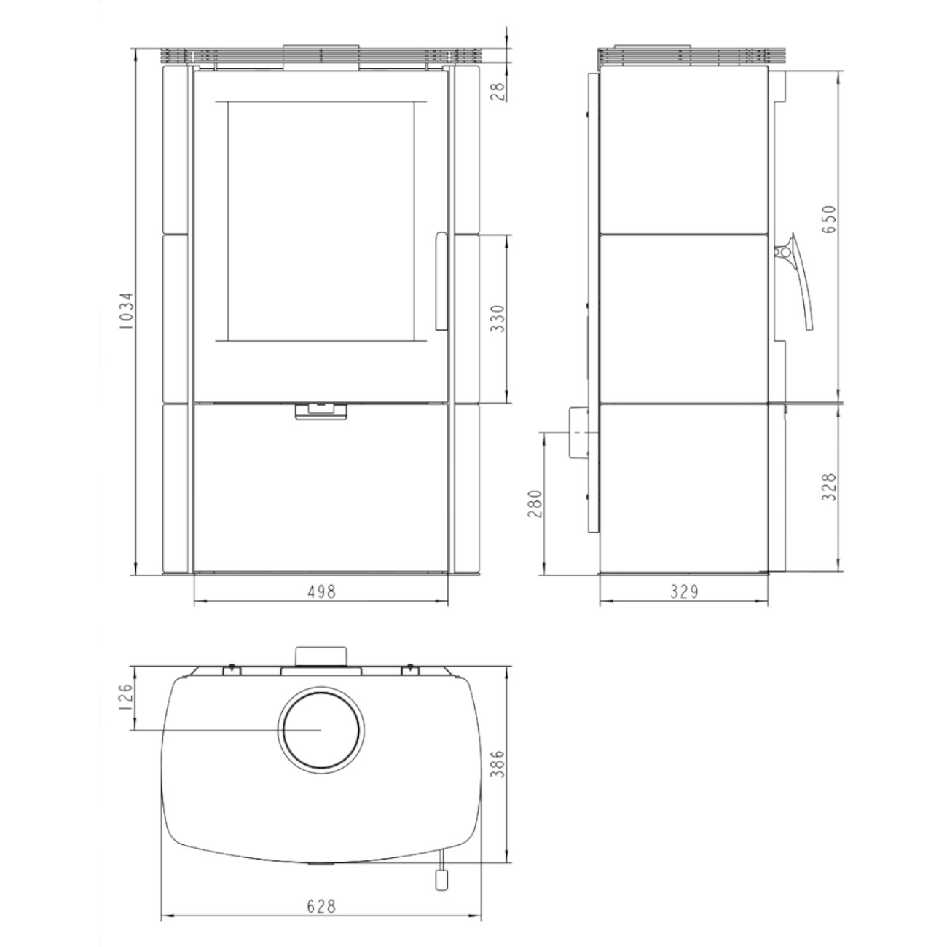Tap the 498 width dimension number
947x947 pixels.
click(x=321, y=592)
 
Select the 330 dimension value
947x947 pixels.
click(x=498, y=318)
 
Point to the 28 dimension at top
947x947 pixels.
click(x=498, y=91)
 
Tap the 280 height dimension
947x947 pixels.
click(x=534, y=503)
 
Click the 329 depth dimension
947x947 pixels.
click(x=684, y=592)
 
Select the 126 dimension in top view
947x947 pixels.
click(x=126, y=697)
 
